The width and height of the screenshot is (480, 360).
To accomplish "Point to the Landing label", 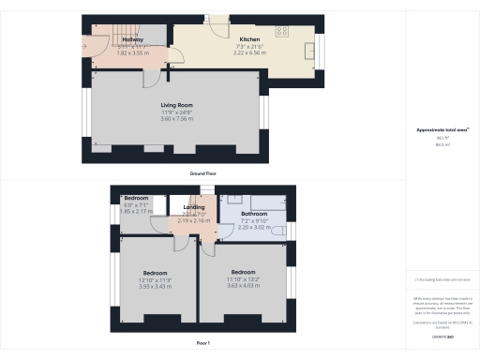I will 194,206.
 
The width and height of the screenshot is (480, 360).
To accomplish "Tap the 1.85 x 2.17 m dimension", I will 137,212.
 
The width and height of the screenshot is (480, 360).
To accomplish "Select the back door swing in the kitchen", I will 217,22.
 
